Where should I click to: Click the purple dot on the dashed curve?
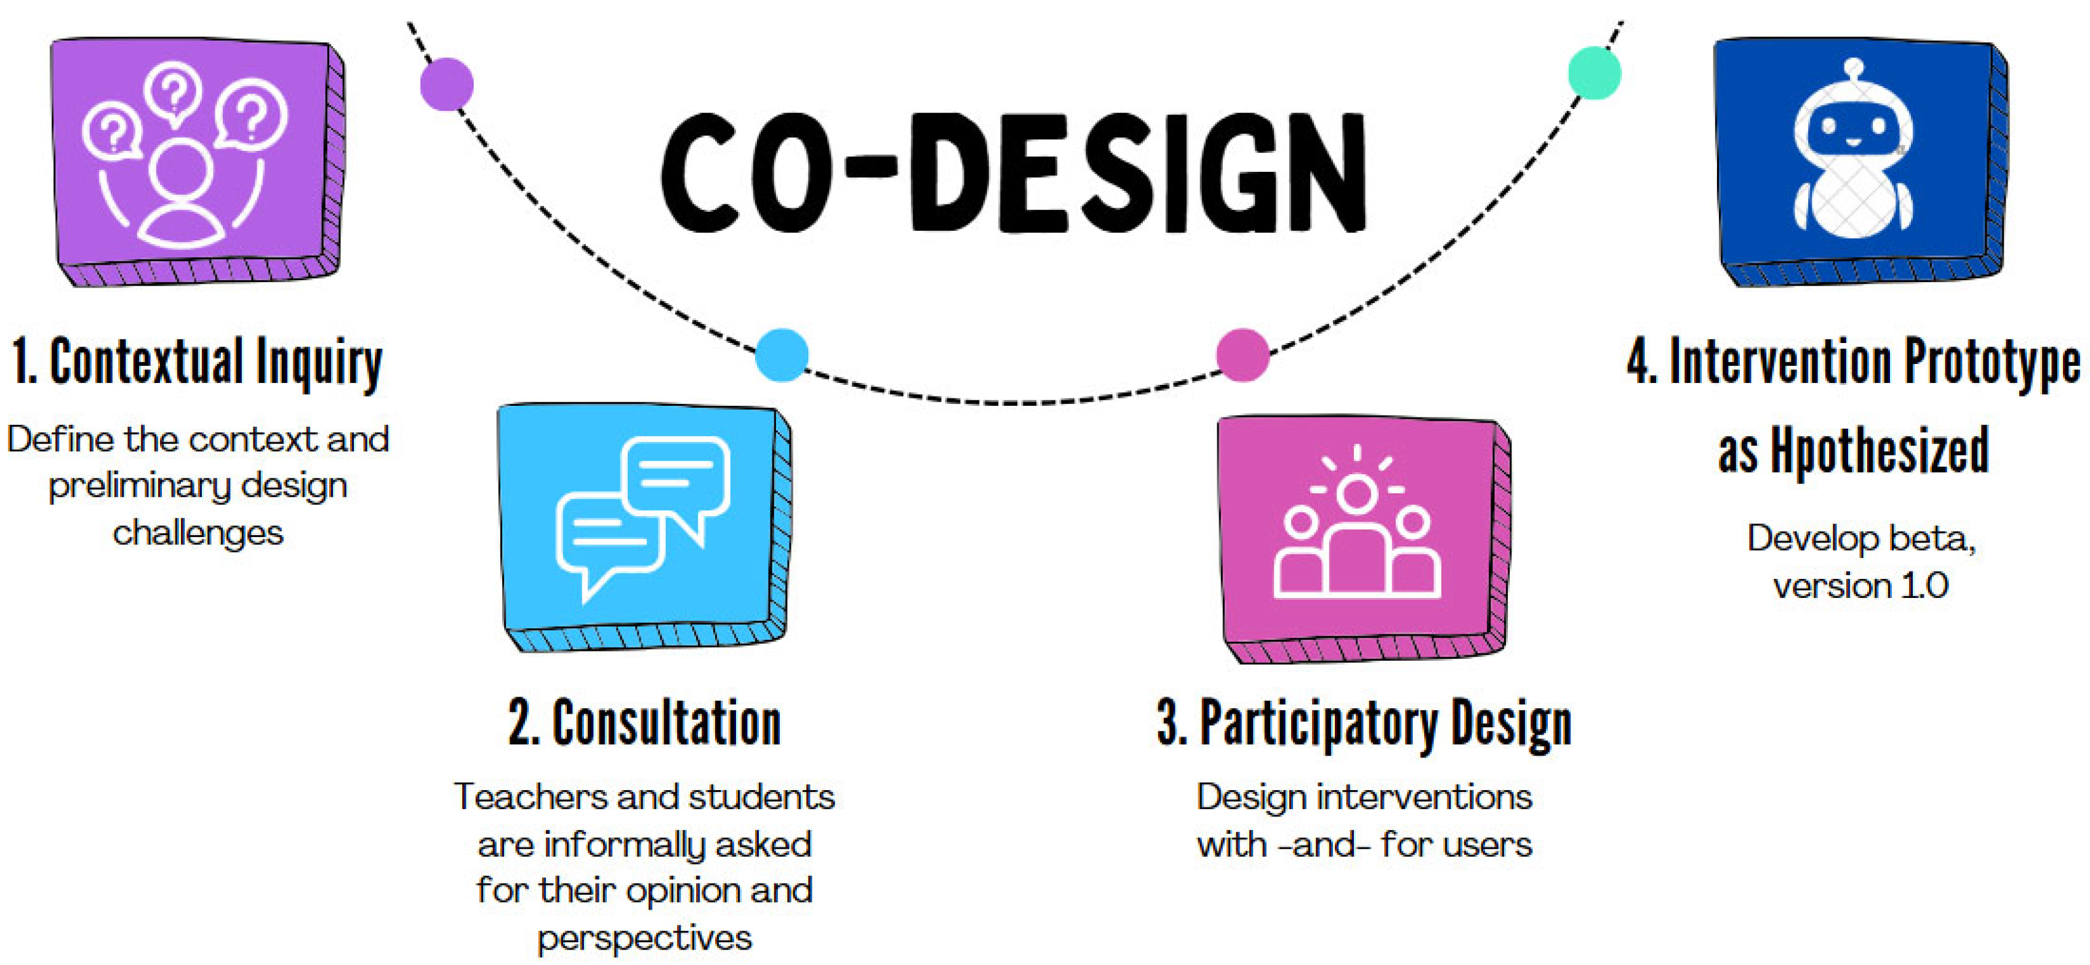[447, 84]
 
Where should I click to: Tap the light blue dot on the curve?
[782, 355]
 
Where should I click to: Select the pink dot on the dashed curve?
[1242, 355]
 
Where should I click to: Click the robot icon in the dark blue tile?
[1853, 150]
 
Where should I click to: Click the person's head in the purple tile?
[180, 172]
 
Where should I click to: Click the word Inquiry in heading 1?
[319, 363]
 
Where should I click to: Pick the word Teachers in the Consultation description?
[531, 797]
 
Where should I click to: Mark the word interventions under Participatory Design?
[1425, 797]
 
